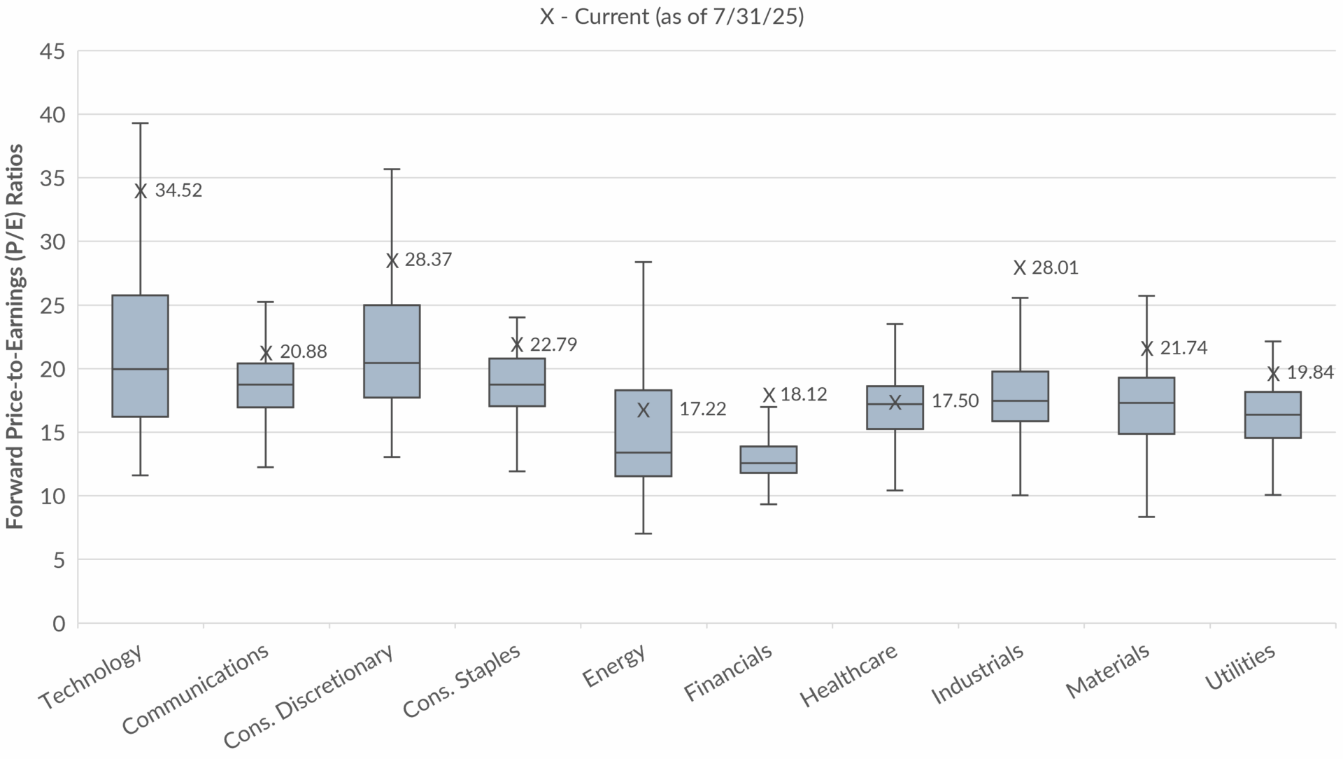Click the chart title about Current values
[x=671, y=17]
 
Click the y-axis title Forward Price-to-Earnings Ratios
[x=15, y=336]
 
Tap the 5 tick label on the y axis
[x=59, y=560]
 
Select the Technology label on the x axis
[x=92, y=677]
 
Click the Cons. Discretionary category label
[x=308, y=696]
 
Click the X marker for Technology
[x=141, y=191]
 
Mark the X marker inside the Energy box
[x=644, y=410]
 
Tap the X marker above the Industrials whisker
[x=1020, y=267]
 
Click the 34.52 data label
[x=178, y=190]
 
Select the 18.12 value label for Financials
[x=804, y=394]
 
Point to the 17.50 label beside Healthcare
[x=955, y=401]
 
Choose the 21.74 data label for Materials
[x=1184, y=348]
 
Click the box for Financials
[x=769, y=459]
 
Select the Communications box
[x=266, y=385]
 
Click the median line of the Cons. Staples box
[x=517, y=384]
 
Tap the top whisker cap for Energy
[x=644, y=262]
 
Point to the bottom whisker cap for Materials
[x=1146, y=517]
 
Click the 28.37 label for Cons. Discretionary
[x=428, y=260]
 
